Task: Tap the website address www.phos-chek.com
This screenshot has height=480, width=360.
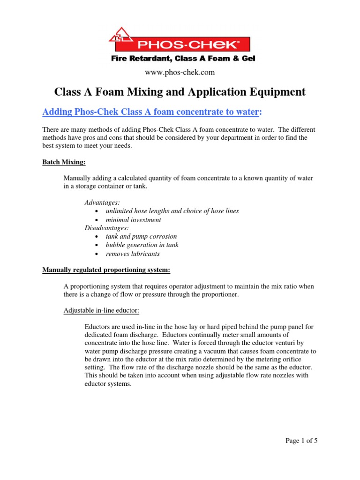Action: coord(180,72)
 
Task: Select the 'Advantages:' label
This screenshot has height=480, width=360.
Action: coord(102,202)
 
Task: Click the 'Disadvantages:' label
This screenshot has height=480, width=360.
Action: coord(106,228)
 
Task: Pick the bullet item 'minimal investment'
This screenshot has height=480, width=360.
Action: coord(133,220)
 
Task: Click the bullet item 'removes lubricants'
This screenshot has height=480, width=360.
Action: coord(133,254)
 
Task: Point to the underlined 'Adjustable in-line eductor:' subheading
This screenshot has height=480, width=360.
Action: coord(103,310)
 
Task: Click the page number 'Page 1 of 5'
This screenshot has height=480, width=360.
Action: coord(301,441)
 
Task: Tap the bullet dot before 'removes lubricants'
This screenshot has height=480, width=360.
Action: coord(97,254)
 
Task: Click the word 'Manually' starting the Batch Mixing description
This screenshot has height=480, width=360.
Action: coord(77,178)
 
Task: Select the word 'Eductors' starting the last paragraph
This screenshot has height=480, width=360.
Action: coord(97,327)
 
